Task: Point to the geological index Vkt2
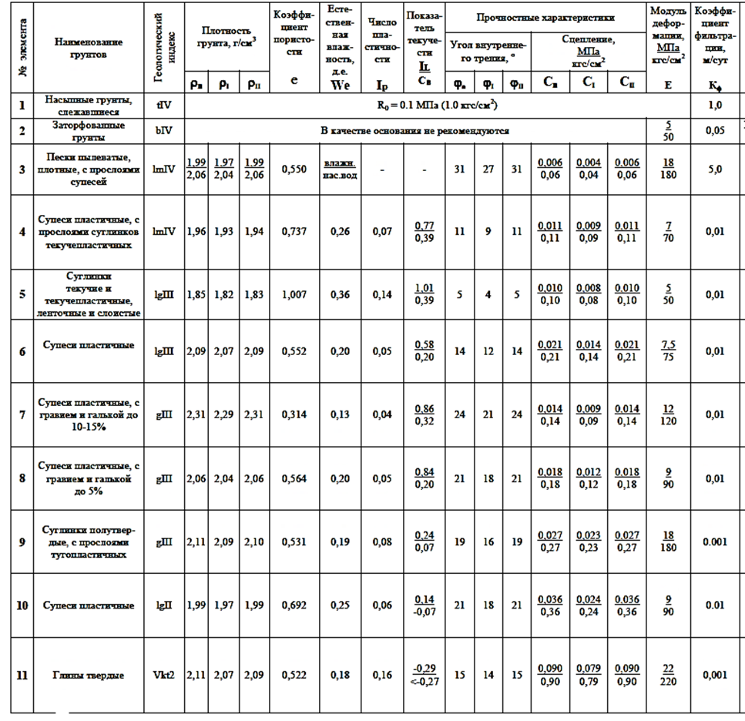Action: coord(164,675)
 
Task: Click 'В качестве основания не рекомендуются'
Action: coord(414,130)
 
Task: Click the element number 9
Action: coord(22,542)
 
